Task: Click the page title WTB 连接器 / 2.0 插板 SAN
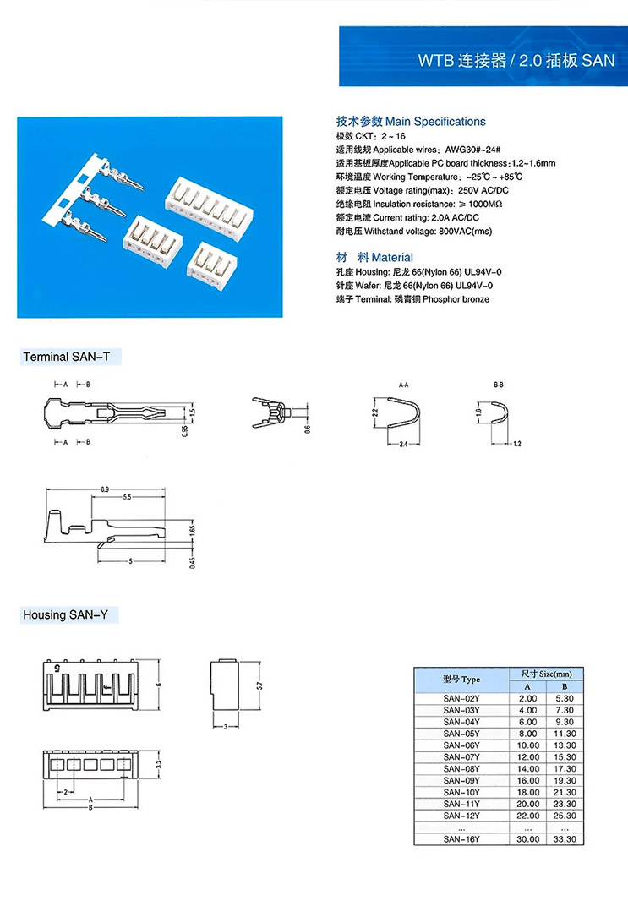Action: (516, 61)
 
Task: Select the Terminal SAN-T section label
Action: (67, 358)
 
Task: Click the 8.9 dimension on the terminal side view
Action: (104, 489)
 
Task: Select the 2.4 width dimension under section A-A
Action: (402, 444)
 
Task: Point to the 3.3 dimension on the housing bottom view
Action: (157, 764)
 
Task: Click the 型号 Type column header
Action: (461, 680)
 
